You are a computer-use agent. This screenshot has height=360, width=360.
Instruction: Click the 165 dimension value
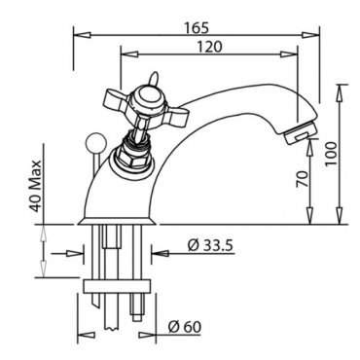(198, 28)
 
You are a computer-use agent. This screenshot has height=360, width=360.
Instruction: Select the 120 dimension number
(210, 47)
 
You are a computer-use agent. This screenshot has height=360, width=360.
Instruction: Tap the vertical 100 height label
(331, 154)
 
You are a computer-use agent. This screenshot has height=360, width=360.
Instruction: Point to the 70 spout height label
(302, 179)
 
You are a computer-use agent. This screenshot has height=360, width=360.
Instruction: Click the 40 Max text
(37, 186)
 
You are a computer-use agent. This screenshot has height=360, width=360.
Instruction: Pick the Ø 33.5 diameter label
(210, 246)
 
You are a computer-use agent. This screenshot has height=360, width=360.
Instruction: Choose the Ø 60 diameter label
(185, 326)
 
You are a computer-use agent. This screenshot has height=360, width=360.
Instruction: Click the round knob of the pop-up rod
(93, 140)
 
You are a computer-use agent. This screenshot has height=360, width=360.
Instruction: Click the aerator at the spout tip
(300, 132)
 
